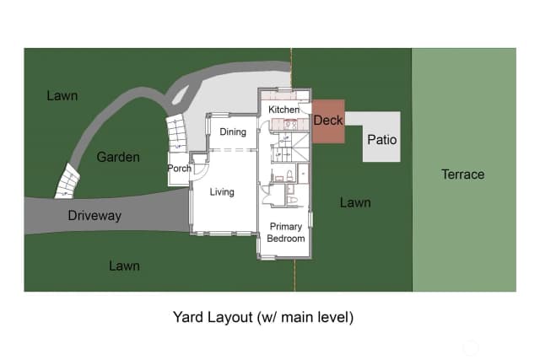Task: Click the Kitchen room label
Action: click(283, 110)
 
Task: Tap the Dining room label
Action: click(233, 132)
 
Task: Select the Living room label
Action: click(222, 192)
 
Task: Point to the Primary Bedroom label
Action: click(286, 233)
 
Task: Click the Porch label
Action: click(179, 169)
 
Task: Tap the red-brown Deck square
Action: click(328, 121)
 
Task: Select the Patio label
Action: click(382, 140)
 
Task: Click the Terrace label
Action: click(463, 175)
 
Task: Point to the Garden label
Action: click(118, 157)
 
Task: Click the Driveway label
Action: click(94, 216)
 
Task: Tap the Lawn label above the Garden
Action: click(62, 95)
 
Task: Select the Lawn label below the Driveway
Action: click(124, 266)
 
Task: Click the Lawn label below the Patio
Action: click(355, 202)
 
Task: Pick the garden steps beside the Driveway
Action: click(67, 181)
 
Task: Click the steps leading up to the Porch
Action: click(176, 134)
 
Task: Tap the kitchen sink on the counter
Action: click(290, 124)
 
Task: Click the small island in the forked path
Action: click(181, 94)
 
